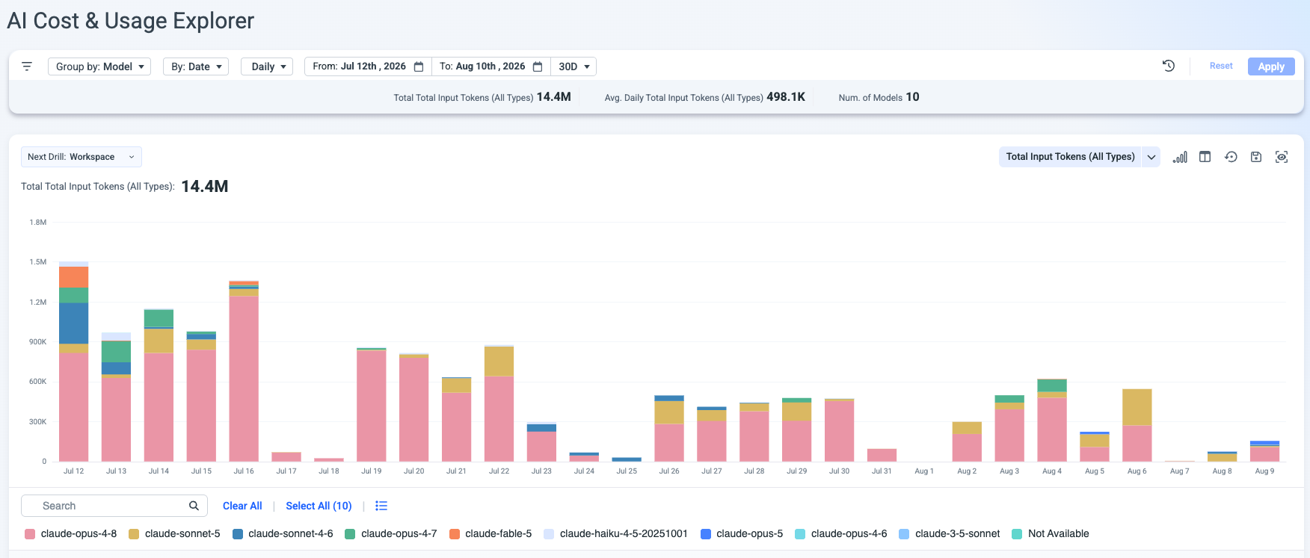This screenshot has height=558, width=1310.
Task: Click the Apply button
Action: click(x=1271, y=66)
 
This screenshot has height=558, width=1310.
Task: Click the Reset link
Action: click(x=1221, y=66)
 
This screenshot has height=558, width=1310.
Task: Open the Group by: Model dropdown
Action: click(x=99, y=66)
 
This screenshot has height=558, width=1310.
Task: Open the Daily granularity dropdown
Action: click(x=267, y=66)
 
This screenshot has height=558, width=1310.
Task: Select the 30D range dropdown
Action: click(x=573, y=66)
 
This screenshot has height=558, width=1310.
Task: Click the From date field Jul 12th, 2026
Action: click(x=368, y=66)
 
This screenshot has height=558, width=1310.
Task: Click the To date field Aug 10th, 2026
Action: click(x=491, y=66)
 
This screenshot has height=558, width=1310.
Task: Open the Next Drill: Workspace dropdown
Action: click(x=82, y=157)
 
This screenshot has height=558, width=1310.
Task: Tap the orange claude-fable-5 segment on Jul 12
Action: click(x=74, y=277)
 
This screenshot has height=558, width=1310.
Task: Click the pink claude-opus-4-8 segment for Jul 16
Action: click(x=244, y=379)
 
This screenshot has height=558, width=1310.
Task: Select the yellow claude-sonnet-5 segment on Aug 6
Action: click(x=1137, y=407)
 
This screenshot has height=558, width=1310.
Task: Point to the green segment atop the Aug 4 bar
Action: click(x=1052, y=385)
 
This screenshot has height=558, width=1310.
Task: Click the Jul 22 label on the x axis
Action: click(x=499, y=471)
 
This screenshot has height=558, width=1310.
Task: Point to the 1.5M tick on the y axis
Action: click(x=38, y=262)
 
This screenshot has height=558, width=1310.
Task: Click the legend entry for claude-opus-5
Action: click(x=742, y=533)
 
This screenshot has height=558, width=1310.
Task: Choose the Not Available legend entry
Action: click(x=1050, y=533)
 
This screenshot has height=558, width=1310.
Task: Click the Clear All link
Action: click(x=242, y=506)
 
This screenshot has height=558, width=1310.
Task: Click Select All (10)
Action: click(x=319, y=506)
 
